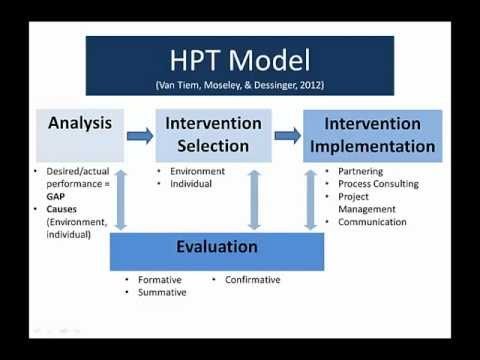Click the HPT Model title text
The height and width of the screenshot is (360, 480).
pyautogui.click(x=240, y=60)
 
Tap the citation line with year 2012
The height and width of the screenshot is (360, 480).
pyautogui.click(x=240, y=85)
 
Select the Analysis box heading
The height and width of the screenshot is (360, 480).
pyautogui.click(x=80, y=123)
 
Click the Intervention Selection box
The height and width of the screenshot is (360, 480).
pyautogui.click(x=214, y=136)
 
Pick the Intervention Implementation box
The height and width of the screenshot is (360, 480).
pyautogui.click(x=373, y=136)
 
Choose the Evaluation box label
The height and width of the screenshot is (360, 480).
pyautogui.click(x=217, y=247)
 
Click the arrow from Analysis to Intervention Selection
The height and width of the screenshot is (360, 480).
pyautogui.click(x=140, y=136)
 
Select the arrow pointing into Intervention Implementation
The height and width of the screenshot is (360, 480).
pyautogui.click(x=288, y=135)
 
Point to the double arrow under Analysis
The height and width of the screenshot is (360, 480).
pyautogui.click(x=121, y=200)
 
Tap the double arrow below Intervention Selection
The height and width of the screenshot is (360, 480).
pyautogui.click(x=254, y=200)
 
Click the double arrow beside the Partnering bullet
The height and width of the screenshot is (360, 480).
pyautogui.click(x=311, y=200)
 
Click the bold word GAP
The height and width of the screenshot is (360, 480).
pyautogui.click(x=56, y=197)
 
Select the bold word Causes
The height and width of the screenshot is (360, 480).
pyautogui.click(x=62, y=209)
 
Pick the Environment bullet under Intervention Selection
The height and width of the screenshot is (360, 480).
pyautogui.click(x=198, y=171)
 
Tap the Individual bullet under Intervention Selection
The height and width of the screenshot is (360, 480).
pyautogui.click(x=191, y=184)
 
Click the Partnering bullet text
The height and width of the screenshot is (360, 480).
pyautogui.click(x=361, y=171)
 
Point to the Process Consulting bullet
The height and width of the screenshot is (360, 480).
pyautogui.click(x=378, y=184)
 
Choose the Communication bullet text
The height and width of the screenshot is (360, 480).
pyautogui.click(x=372, y=222)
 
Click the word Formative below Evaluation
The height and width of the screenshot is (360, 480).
pyautogui.click(x=160, y=280)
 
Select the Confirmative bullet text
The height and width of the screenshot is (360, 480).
pyautogui.click(x=253, y=280)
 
